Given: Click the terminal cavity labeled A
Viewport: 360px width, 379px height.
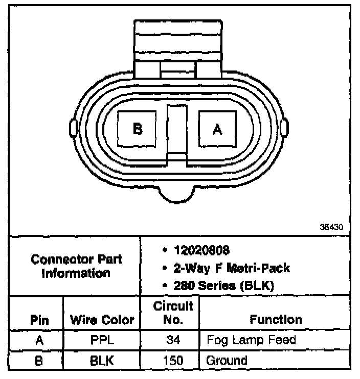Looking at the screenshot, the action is point(217,130).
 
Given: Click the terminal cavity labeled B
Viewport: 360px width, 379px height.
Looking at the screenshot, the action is point(137,129).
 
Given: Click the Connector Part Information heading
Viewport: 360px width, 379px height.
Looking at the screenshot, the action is point(76,266).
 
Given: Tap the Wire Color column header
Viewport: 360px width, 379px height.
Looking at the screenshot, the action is point(102,320).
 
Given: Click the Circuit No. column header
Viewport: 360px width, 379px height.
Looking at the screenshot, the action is point(173,313).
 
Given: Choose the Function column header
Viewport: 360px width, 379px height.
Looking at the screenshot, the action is point(276,320).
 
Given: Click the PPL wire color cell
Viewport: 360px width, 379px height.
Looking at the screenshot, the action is point(102,340).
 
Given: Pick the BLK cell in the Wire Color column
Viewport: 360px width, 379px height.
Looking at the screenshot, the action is point(102,360).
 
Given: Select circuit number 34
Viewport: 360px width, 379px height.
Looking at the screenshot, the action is point(173,340).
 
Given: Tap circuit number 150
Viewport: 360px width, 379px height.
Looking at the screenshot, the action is point(173,360).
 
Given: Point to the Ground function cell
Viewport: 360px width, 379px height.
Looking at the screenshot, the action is point(227,360).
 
